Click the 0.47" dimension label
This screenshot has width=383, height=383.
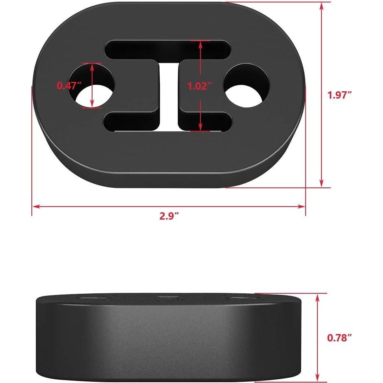tap(69, 86)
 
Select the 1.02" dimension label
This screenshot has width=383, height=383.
tap(199, 86)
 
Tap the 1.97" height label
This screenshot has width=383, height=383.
tap(339, 95)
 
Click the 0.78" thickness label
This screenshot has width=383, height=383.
tap(339, 337)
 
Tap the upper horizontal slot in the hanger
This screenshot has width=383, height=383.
tap(167, 50)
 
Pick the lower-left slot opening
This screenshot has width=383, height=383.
tap(130, 122)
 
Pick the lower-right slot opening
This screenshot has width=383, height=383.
tap(206, 122)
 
